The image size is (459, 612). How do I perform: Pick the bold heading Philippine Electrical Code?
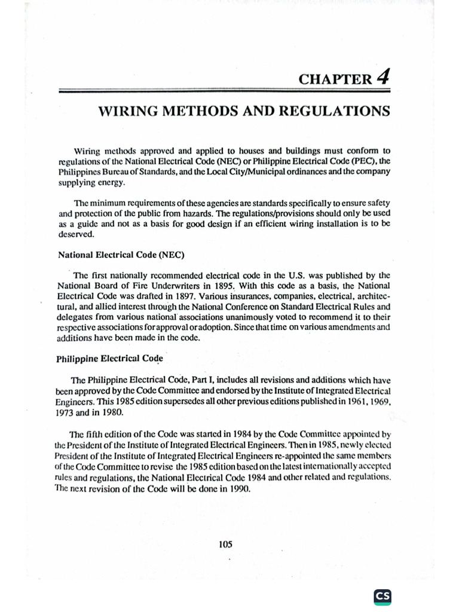point(110,359)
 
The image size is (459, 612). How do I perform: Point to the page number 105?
point(225,544)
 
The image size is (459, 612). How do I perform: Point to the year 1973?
point(69,412)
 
